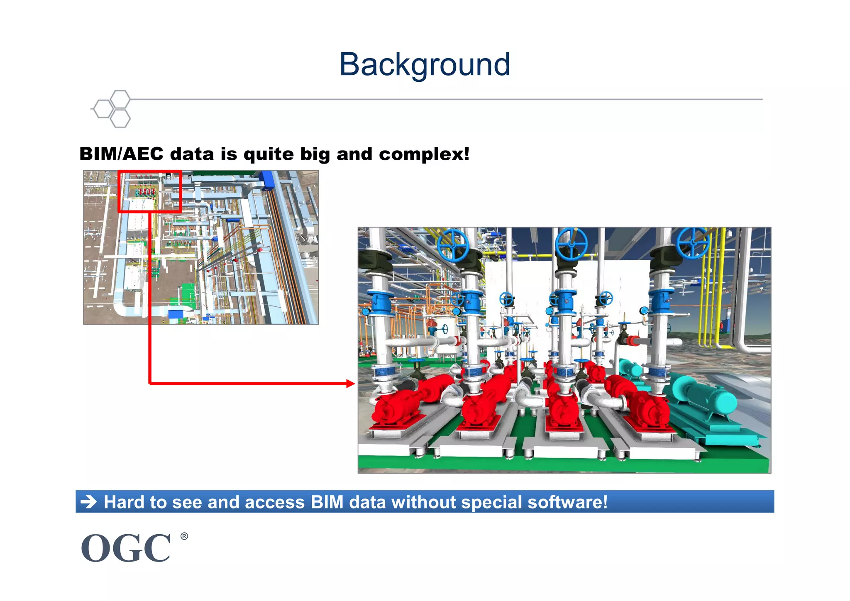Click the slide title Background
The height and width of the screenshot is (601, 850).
[x=425, y=65]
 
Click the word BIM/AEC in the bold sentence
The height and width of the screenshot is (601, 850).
[x=121, y=154]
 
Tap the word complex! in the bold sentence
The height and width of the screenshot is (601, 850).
[x=424, y=154]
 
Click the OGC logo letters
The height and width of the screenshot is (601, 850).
[x=126, y=548]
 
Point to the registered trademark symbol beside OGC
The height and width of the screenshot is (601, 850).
[x=184, y=536]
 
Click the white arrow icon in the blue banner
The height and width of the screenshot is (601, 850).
[x=88, y=502]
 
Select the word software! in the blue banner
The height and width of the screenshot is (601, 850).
[x=567, y=502]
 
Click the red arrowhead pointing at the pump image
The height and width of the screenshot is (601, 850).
[x=351, y=384]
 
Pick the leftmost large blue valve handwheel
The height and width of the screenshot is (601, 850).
[x=453, y=244]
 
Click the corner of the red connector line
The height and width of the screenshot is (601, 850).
[x=150, y=384]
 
